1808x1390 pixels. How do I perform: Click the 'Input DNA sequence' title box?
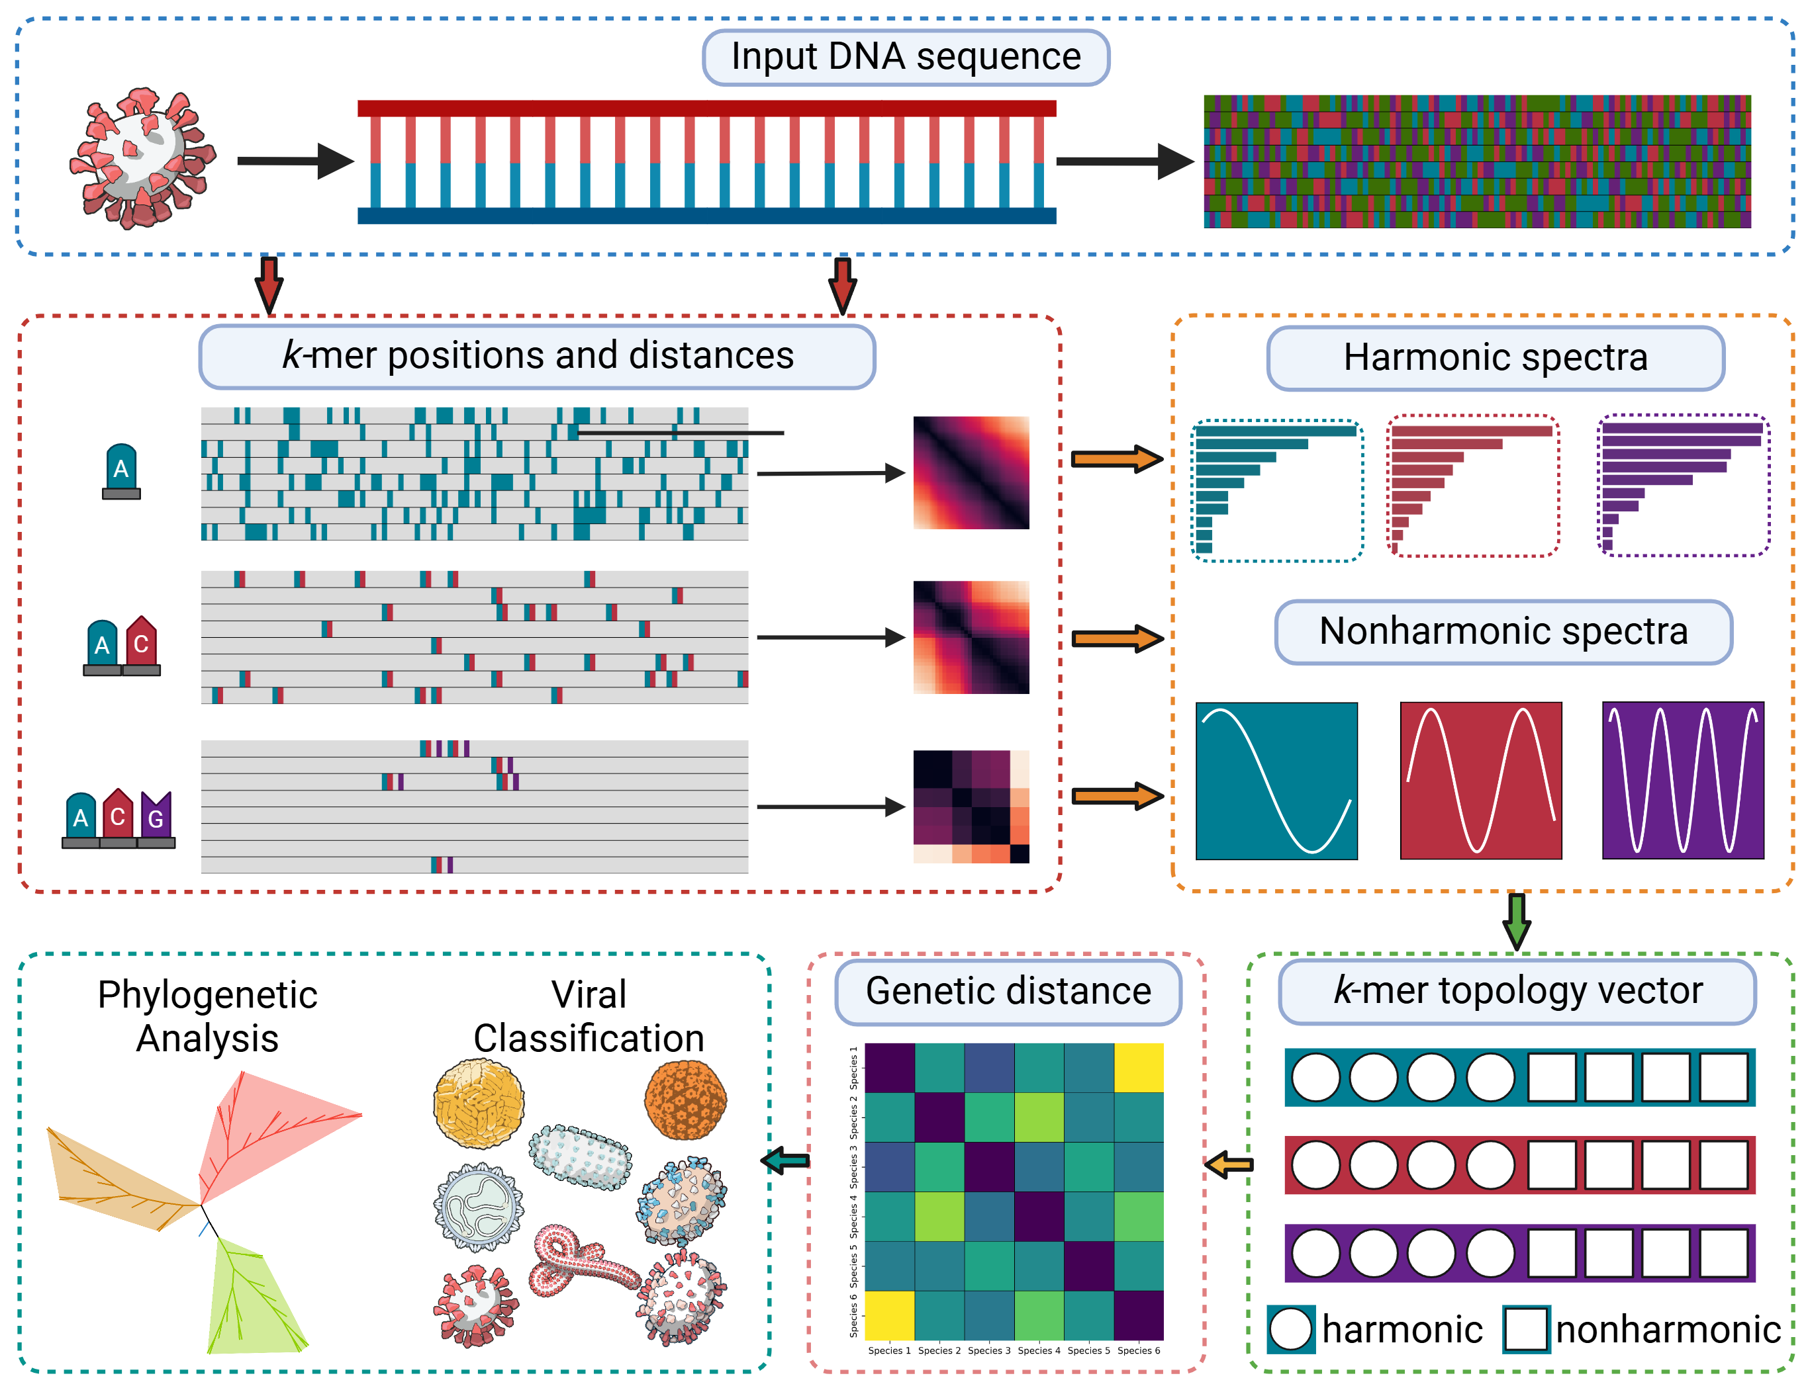906,57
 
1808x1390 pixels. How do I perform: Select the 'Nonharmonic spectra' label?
1503,632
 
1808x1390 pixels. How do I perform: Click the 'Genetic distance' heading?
1008,991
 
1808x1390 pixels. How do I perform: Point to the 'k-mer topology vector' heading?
1517,991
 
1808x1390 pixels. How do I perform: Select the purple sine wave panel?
1682,780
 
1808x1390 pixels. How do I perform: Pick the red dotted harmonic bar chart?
1473,486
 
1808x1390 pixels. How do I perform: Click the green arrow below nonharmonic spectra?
1517,921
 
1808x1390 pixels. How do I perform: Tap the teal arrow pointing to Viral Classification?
786,1161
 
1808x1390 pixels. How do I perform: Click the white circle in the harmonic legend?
1290,1330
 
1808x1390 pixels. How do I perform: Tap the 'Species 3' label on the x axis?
988,1351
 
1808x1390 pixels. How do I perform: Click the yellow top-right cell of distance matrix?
1138,1067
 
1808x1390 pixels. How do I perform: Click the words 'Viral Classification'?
589,1016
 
